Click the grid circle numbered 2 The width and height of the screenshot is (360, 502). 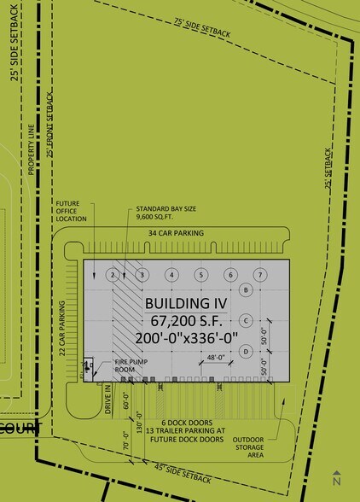113,275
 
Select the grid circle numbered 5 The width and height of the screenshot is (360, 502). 200,275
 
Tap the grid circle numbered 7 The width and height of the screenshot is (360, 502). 260,275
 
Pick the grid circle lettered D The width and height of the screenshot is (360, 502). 246,351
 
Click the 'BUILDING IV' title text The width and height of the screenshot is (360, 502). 186,303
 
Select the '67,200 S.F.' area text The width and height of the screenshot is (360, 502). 186,320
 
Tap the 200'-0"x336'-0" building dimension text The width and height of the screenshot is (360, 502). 186,337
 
